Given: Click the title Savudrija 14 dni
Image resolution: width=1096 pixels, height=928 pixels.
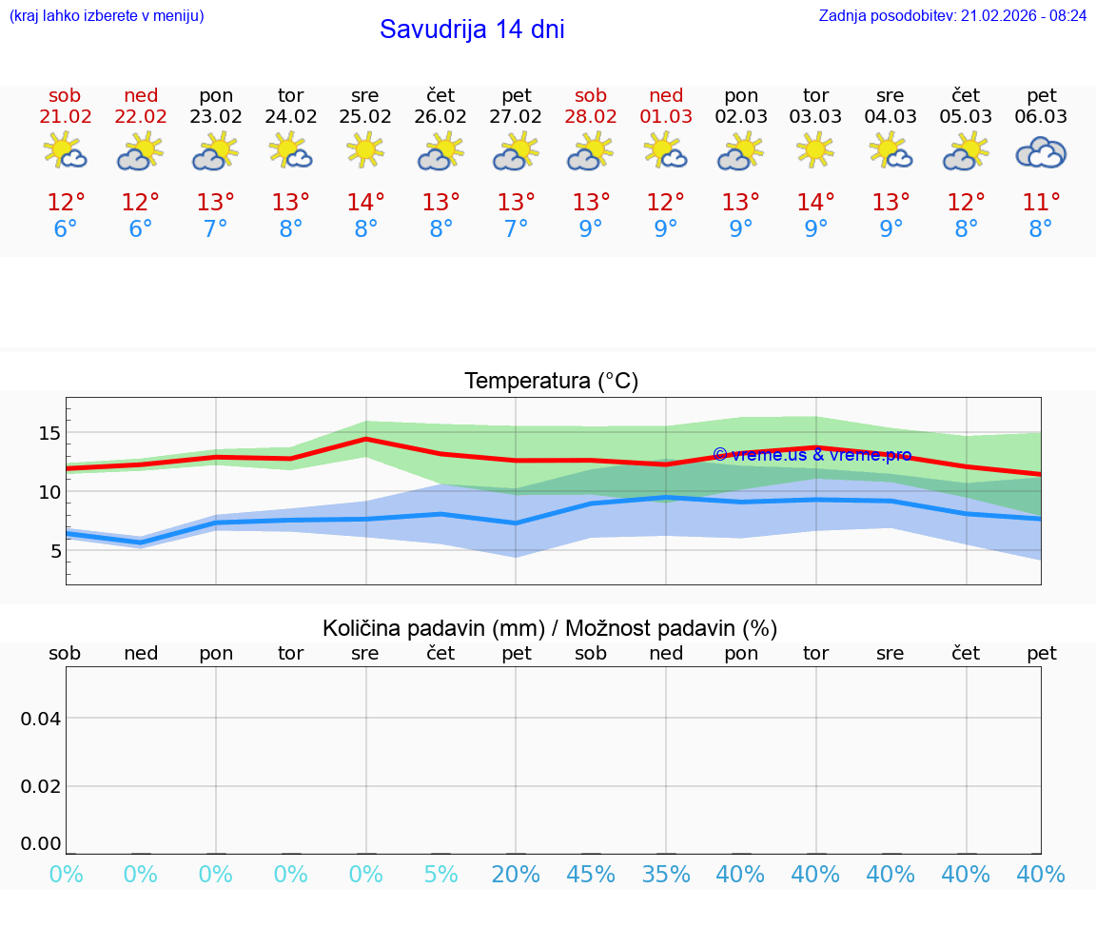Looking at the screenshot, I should (x=472, y=30).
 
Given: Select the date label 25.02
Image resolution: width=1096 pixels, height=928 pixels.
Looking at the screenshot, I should (x=365, y=117).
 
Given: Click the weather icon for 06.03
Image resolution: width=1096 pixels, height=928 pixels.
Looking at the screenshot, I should (x=1041, y=152).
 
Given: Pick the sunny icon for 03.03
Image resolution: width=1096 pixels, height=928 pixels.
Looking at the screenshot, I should (x=815, y=150).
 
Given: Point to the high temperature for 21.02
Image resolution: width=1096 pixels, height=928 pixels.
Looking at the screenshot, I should (x=66, y=203).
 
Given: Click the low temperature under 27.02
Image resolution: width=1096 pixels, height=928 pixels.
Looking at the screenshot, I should (x=516, y=229).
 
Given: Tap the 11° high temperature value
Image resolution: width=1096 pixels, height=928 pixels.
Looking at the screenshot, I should (x=1041, y=203).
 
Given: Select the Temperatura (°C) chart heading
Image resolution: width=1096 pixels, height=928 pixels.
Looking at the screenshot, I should (x=551, y=382).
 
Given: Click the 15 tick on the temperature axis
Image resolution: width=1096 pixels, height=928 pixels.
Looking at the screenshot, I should (x=49, y=433).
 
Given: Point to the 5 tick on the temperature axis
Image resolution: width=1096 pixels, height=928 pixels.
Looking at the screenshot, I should (x=54, y=551).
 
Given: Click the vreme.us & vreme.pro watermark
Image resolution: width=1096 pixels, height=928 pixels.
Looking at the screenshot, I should (x=812, y=455).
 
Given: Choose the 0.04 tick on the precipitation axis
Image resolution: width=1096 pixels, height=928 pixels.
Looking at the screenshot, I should (x=41, y=719).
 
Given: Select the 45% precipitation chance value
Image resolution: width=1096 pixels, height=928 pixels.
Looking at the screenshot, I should (x=591, y=875).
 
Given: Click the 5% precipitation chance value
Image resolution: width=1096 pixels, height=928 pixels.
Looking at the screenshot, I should (x=440, y=875).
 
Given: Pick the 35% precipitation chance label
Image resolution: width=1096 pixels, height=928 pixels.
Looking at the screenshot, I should (x=666, y=875).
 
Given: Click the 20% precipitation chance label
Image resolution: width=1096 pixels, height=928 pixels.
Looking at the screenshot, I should (x=516, y=875).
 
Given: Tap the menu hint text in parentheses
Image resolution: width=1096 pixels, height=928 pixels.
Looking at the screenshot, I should (x=107, y=16).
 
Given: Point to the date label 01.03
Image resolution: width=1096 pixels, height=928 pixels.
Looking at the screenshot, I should (x=666, y=117).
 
